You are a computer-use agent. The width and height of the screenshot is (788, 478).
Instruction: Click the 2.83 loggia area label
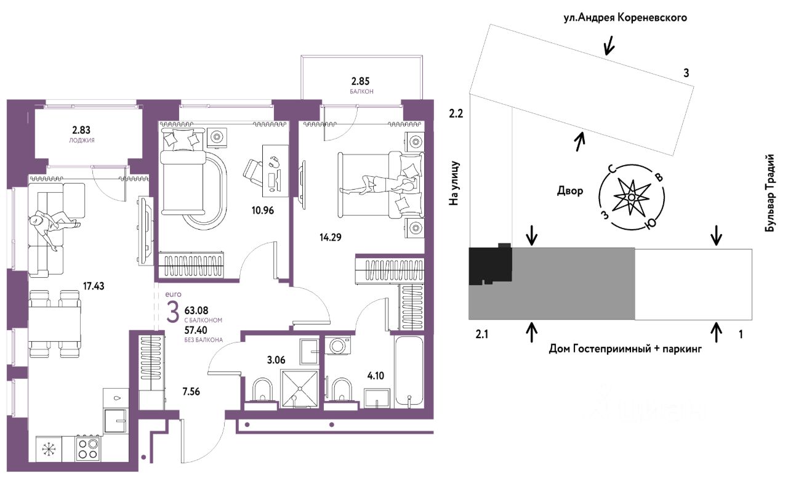[x=81, y=130]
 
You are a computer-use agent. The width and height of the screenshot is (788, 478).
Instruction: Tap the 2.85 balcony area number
[x=360, y=81]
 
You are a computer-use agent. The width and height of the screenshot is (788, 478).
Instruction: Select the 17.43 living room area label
[x=94, y=286]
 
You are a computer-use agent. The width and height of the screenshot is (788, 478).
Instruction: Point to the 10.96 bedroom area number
[x=262, y=210]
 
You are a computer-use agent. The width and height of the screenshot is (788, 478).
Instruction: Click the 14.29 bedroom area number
[x=331, y=237]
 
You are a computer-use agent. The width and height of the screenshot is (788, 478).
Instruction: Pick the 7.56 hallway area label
[x=191, y=391]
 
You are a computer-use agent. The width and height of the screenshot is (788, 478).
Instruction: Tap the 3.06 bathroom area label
[x=276, y=360]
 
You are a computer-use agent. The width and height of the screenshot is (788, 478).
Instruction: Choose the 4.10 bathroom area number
[x=376, y=376]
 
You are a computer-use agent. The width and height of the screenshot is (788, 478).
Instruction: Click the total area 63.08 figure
[x=196, y=310]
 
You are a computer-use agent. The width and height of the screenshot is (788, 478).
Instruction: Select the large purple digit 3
[x=172, y=312]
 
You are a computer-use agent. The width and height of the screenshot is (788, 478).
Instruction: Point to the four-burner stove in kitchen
[x=88, y=448]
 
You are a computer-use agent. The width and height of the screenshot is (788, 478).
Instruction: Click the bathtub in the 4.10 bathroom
[x=409, y=371]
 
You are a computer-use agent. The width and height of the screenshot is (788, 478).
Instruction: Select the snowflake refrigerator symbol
[x=49, y=449]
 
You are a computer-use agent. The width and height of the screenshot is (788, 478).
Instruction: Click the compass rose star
[x=632, y=197]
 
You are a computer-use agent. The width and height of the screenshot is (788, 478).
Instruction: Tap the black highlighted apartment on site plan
[x=490, y=264]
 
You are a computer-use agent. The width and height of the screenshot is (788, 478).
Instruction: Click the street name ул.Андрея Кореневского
[x=625, y=18]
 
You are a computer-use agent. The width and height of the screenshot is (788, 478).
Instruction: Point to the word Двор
[x=570, y=191]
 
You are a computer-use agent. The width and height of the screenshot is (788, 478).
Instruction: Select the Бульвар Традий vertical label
[x=770, y=193]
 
